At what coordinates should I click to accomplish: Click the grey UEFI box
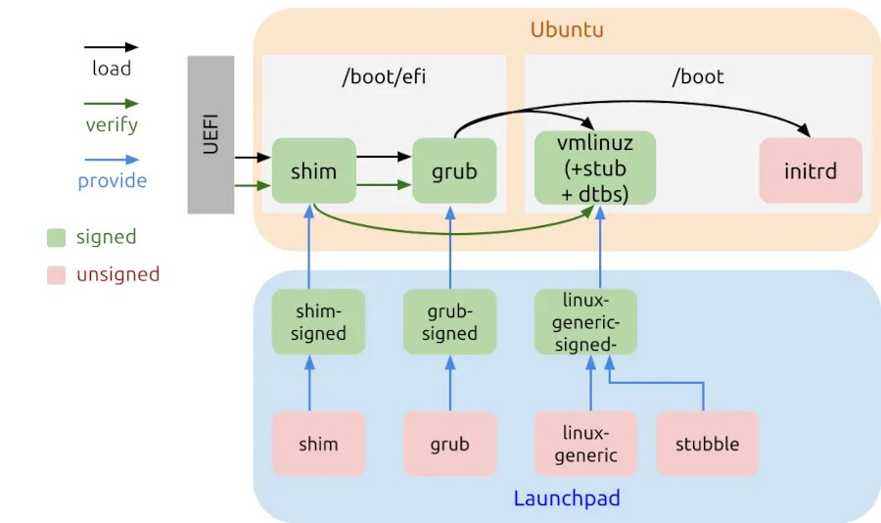(x=210, y=134)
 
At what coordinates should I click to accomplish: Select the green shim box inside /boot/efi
(x=313, y=170)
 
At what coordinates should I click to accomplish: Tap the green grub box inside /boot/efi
(x=454, y=170)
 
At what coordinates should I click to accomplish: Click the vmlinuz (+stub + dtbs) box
(x=595, y=167)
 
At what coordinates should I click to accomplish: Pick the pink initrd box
(x=811, y=170)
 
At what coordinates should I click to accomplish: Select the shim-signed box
(x=318, y=322)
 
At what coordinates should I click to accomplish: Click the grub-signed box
(x=450, y=322)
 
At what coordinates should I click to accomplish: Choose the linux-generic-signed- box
(x=585, y=322)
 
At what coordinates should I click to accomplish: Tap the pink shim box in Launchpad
(x=318, y=444)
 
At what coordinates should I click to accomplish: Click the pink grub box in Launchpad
(x=450, y=444)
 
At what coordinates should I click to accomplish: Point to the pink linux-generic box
(x=585, y=444)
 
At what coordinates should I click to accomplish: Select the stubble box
(x=707, y=444)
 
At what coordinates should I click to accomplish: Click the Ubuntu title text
(x=567, y=29)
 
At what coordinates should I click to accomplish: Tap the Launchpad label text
(x=567, y=499)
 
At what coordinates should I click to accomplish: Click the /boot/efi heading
(x=383, y=77)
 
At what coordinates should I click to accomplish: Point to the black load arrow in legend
(x=111, y=47)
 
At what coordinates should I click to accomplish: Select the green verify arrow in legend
(x=111, y=103)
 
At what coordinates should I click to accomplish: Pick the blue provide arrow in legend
(x=111, y=159)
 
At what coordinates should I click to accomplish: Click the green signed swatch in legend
(x=57, y=237)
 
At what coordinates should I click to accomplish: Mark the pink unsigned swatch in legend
(x=57, y=275)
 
